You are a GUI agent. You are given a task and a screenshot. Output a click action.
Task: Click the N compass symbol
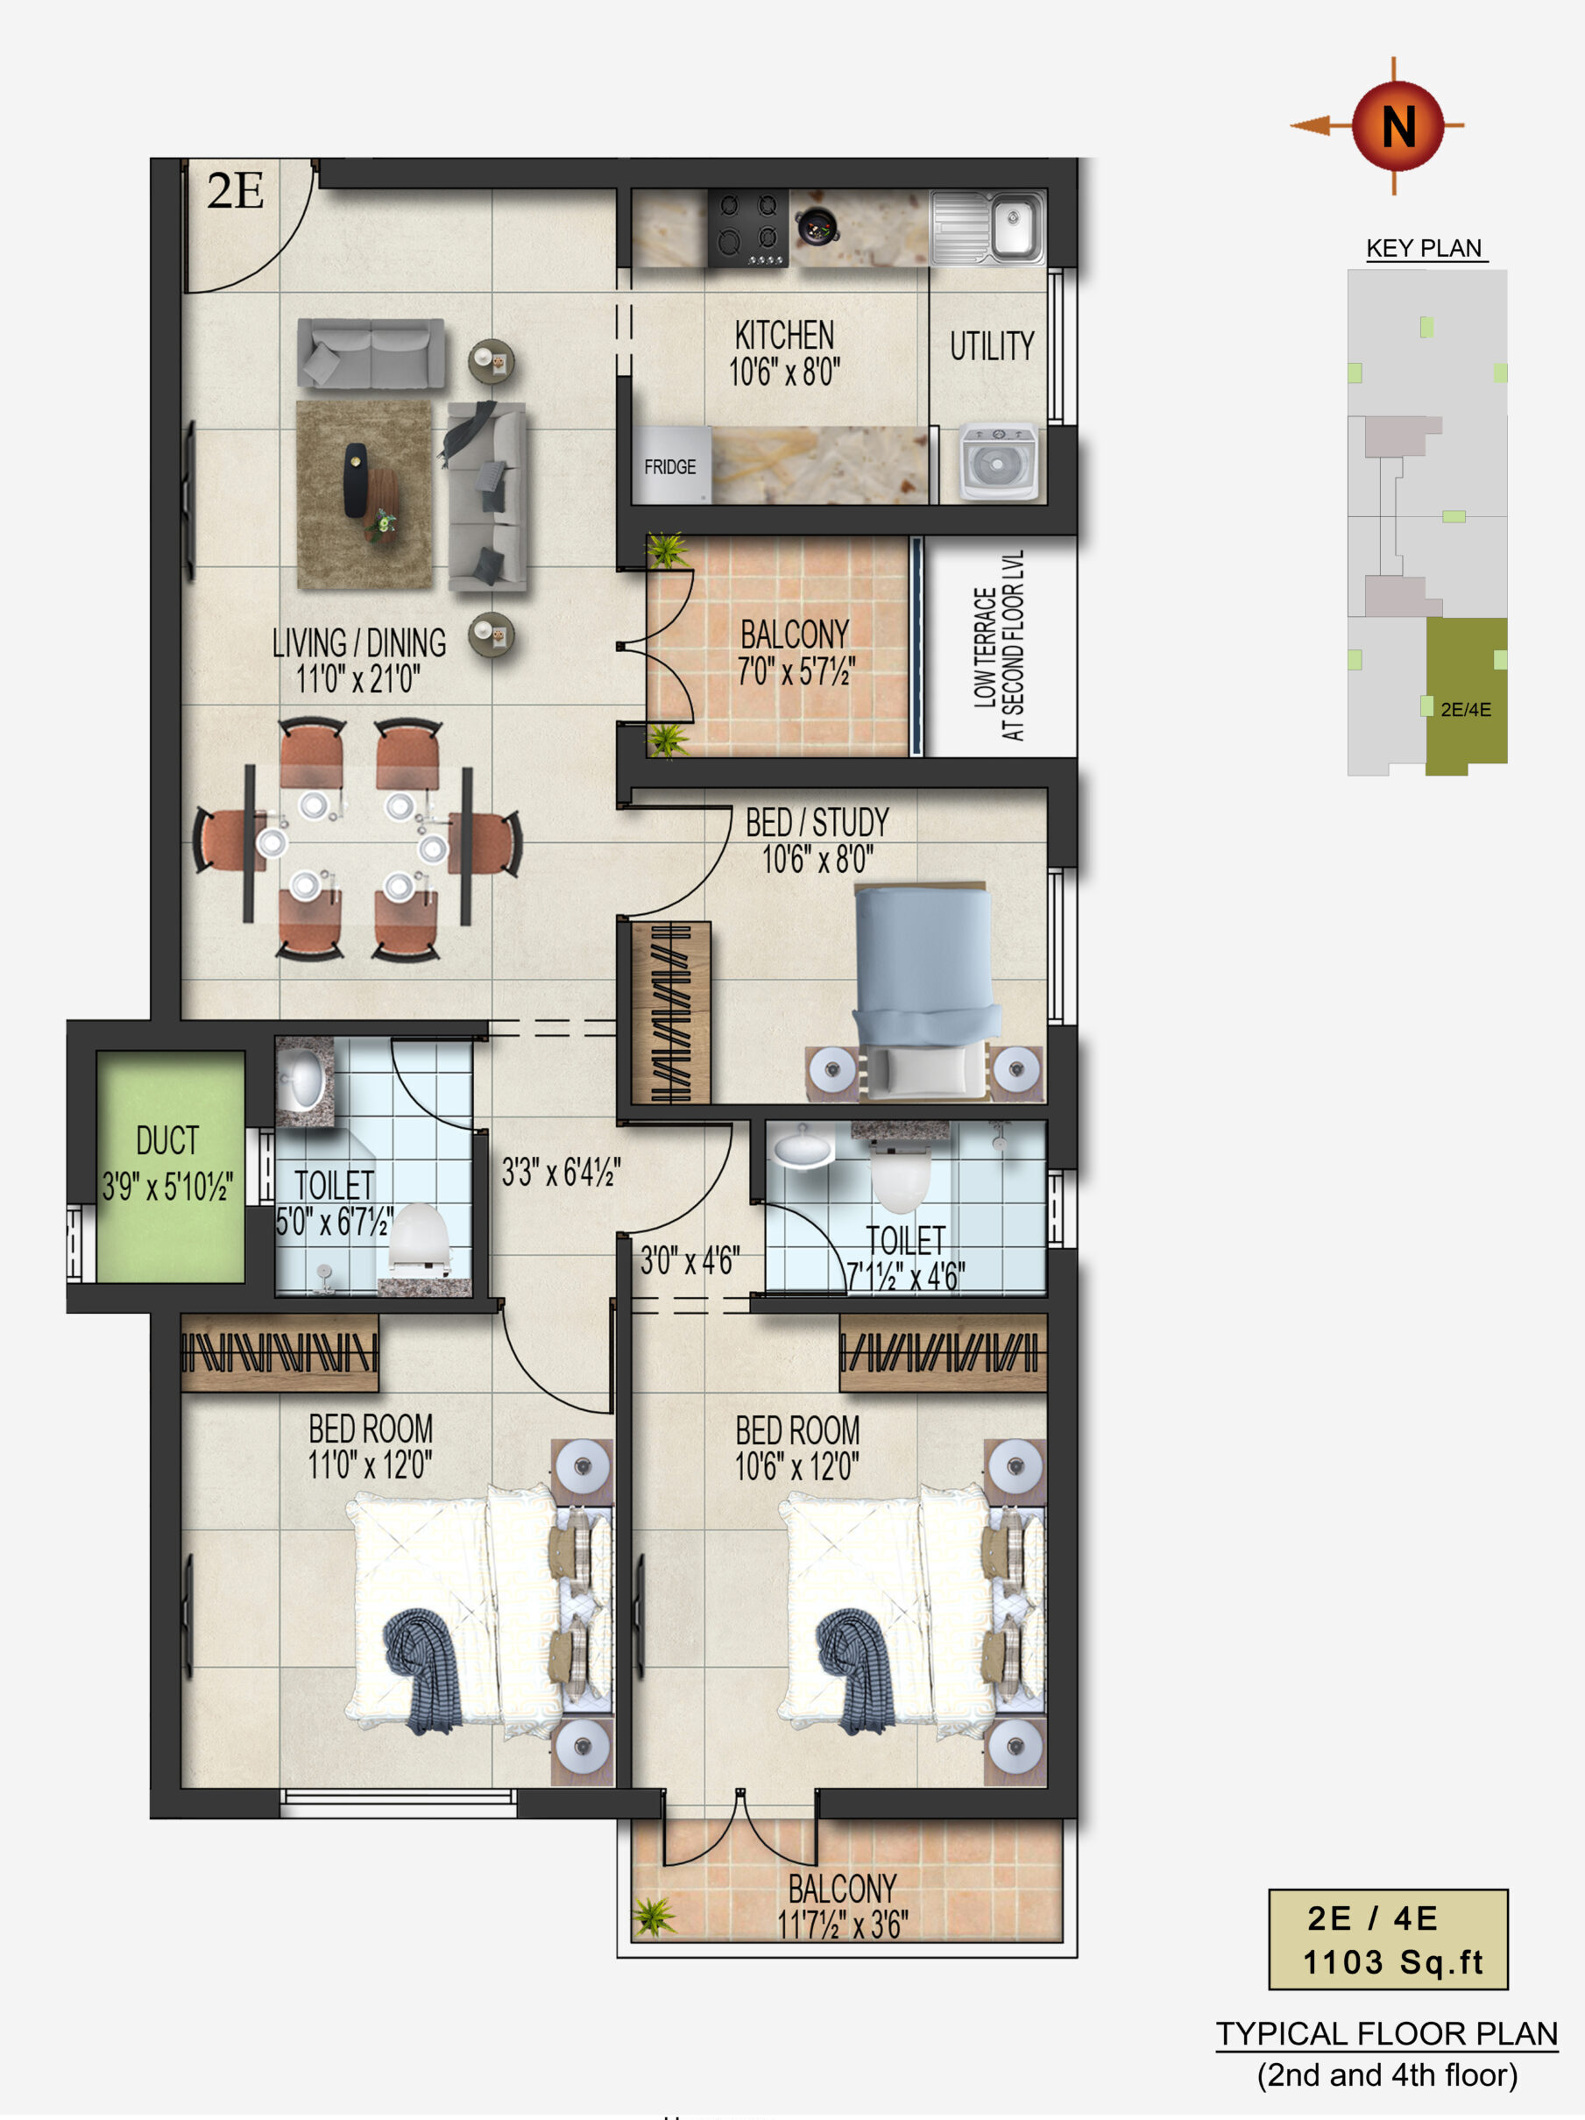coord(1397,125)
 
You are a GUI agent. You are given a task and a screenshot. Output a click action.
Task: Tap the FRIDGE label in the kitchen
coord(670,467)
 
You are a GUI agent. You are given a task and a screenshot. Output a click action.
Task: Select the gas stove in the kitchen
coord(748,228)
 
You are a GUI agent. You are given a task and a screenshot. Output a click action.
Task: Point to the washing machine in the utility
coord(999,462)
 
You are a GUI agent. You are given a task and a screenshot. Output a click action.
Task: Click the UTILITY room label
coord(992,345)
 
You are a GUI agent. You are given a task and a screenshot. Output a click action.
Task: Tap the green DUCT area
coord(170,1166)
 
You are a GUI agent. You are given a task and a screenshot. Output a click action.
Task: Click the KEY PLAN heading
coord(1424,248)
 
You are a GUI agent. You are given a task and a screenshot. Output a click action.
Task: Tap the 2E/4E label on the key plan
coord(1465,709)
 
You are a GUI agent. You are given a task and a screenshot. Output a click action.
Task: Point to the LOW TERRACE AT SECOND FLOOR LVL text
coord(999,645)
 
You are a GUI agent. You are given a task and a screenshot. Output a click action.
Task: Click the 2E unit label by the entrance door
coord(235,191)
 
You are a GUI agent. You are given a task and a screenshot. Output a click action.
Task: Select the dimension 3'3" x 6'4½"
coord(562,1171)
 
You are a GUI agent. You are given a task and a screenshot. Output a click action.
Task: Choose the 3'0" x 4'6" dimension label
coord(690,1260)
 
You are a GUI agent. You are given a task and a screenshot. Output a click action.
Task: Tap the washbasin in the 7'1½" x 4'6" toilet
coord(803,1147)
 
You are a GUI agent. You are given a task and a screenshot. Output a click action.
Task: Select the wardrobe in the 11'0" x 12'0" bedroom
coord(279,1352)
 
